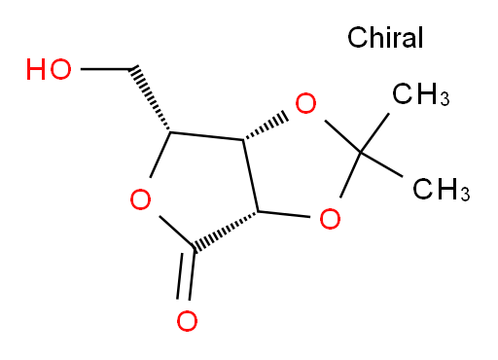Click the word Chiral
[x=385, y=37]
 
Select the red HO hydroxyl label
[x=49, y=69]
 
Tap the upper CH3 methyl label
[x=421, y=94]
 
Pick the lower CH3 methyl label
[x=442, y=189]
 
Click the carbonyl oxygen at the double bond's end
[x=187, y=321]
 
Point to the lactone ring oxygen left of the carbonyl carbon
[x=140, y=199]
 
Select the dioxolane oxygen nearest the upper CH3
[x=305, y=103]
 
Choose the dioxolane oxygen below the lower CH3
[x=330, y=219]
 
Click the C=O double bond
[x=186, y=275]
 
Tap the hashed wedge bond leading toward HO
[x=150, y=99]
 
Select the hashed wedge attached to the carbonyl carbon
[x=226, y=231]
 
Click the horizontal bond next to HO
[x=106, y=69]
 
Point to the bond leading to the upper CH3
[x=374, y=132]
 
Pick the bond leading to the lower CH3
[x=381, y=164]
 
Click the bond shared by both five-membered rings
[x=251, y=176]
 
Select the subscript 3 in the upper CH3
[x=445, y=98]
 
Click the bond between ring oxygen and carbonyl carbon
[x=176, y=233]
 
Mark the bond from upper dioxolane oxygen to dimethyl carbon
[x=342, y=136]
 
